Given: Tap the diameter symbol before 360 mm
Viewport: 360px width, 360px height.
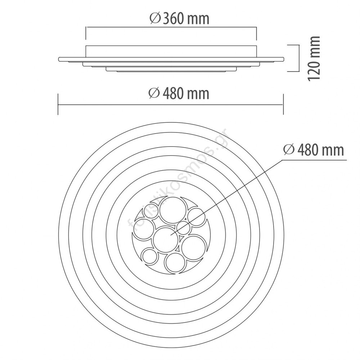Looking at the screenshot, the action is [x=155, y=18].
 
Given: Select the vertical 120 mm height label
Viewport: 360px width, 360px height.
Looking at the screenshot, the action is [x=314, y=58].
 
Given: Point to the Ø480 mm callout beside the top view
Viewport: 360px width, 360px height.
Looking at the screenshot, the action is [x=314, y=150].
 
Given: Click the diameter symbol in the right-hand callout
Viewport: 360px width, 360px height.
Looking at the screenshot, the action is [x=289, y=150].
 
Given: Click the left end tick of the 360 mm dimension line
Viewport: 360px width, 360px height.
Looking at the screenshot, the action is [x=86, y=33].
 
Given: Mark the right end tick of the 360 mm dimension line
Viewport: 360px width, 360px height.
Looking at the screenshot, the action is [x=256, y=33].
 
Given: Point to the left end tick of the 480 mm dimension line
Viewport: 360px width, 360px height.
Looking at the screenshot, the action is [x=58, y=104].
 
